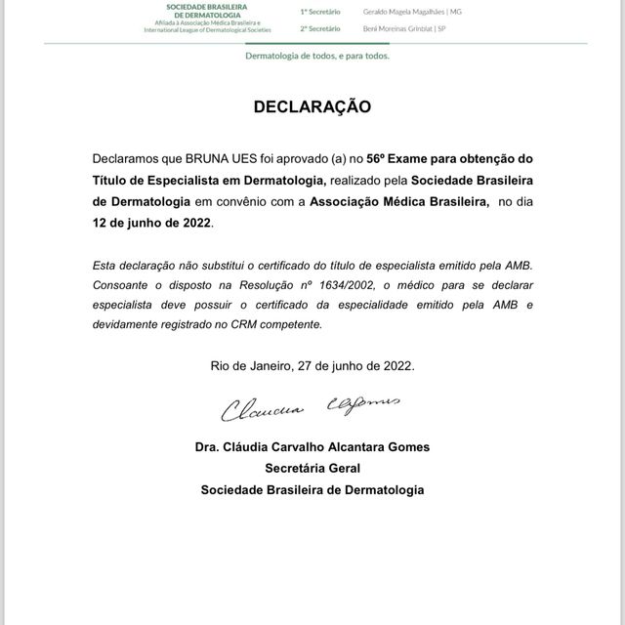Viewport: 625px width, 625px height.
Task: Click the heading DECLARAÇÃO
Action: click(312, 106)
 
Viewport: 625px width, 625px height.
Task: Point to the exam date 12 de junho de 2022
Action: click(151, 223)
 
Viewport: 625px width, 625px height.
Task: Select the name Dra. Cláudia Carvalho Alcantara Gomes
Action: click(312, 447)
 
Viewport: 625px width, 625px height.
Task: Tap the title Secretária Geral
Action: click(312, 468)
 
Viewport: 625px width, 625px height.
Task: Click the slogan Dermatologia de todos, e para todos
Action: click(317, 56)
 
